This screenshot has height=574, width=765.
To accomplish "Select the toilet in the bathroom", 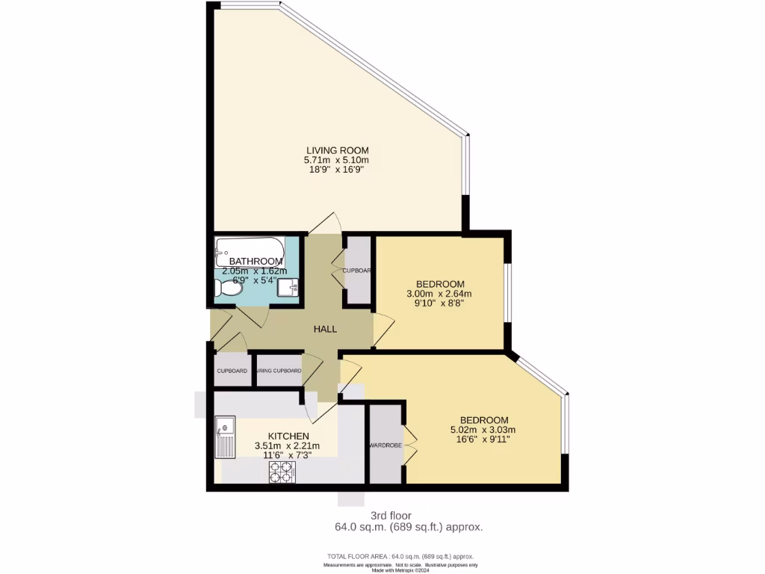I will [227, 288].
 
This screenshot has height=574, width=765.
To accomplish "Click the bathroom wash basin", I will [288, 287].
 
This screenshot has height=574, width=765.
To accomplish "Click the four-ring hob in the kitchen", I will [282, 472].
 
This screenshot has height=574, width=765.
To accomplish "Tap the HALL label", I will [325, 329].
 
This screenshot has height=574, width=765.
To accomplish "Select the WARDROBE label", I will [385, 445].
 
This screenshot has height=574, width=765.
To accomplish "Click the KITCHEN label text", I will [288, 436].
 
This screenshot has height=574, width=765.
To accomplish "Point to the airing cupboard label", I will [279, 371].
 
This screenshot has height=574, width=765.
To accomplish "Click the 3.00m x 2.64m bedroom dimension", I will [440, 294].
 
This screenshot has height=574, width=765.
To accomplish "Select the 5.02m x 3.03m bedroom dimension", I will [483, 430].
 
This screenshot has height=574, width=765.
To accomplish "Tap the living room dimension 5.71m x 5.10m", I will [336, 161].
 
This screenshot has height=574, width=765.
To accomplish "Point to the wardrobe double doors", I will [409, 445].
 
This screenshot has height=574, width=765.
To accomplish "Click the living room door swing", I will [327, 222].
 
